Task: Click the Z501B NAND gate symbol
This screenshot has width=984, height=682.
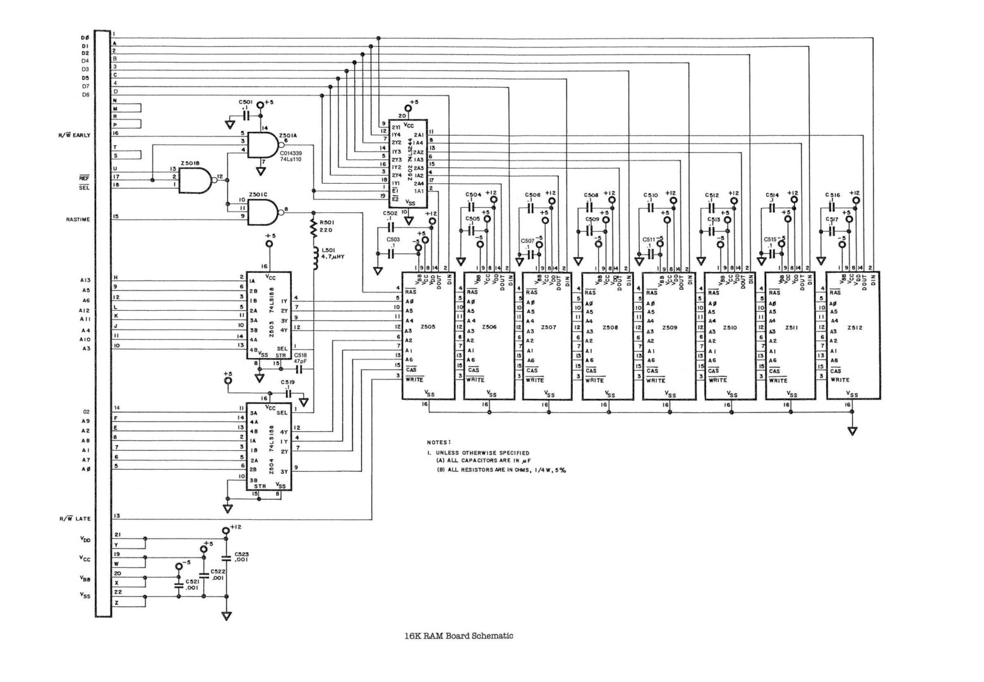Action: (195, 180)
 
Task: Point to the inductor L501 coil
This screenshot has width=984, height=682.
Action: (313, 257)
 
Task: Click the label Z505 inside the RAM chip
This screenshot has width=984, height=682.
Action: (428, 326)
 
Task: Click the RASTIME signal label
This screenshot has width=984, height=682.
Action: (78, 220)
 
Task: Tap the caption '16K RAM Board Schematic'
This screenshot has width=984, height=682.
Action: (459, 636)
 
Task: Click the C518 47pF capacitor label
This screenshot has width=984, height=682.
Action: (301, 358)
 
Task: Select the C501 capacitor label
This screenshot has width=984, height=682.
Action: (246, 102)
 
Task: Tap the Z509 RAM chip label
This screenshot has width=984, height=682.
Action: (670, 328)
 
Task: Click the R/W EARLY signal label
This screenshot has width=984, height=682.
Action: (75, 135)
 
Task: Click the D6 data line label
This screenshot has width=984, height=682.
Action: (85, 95)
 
